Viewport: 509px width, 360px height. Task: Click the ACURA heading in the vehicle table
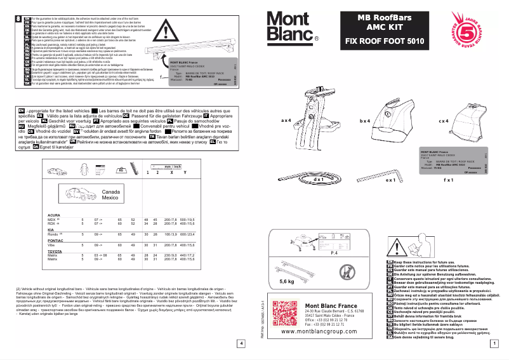tap(55, 215)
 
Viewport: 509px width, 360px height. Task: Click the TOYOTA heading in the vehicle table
tap(55, 251)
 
